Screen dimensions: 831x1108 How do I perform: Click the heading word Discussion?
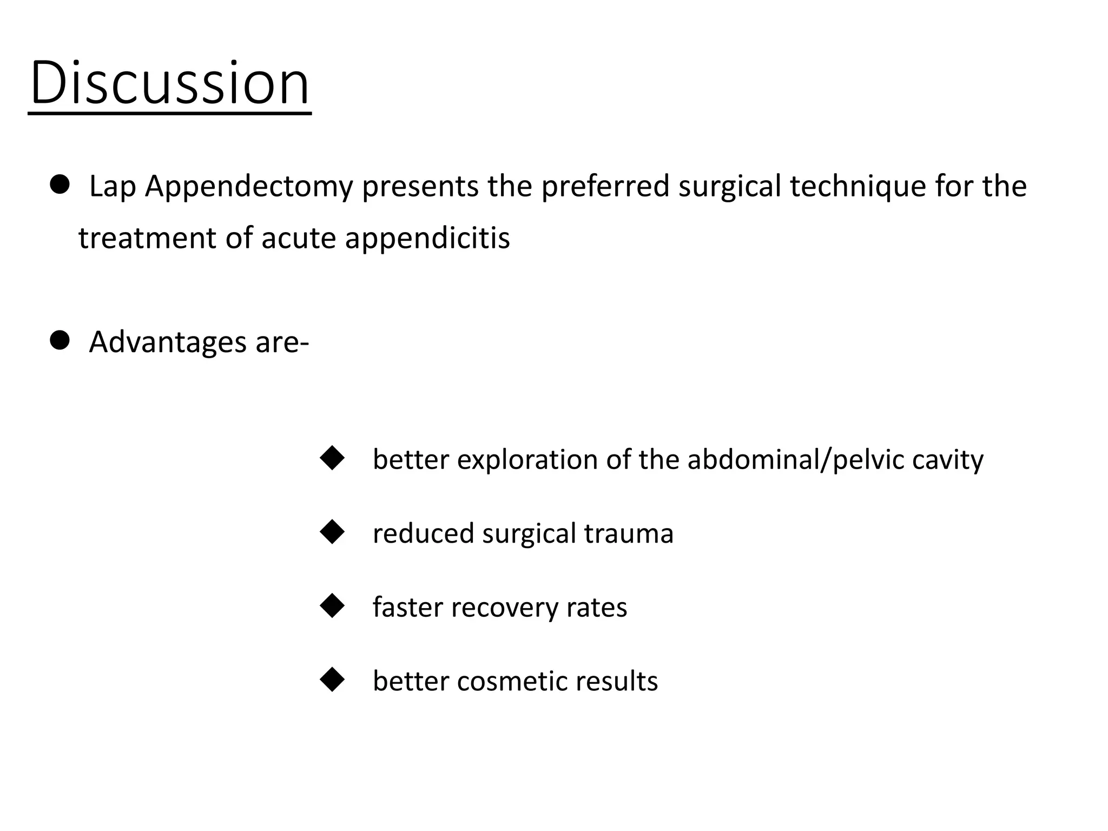pos(170,83)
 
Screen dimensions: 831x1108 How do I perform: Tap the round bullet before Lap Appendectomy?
pos(60,185)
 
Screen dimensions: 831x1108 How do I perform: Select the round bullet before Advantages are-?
pos(60,341)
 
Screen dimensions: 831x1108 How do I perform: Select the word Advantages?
pos(168,342)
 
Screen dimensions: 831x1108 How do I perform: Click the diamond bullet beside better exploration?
pos(332,458)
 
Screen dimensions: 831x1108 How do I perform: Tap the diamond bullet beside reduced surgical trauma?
pos(332,532)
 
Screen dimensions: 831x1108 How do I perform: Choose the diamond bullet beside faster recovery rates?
pos(332,606)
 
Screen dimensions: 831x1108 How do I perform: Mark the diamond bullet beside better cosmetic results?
pos(332,680)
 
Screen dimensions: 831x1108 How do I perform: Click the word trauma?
pos(629,533)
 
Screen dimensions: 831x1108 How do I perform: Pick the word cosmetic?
pos(512,681)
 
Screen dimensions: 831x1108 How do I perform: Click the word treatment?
pos(147,239)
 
